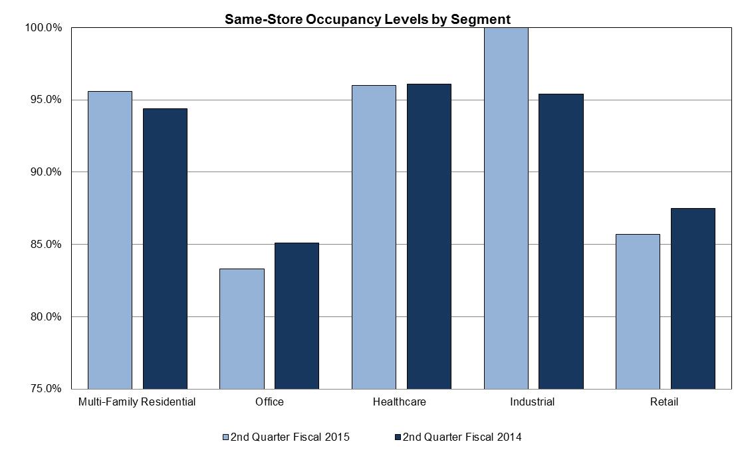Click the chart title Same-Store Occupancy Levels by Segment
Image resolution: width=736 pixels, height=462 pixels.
368,19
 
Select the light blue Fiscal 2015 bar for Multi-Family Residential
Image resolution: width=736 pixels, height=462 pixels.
110,239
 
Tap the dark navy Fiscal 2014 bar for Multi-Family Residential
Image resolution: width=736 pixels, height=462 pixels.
165,248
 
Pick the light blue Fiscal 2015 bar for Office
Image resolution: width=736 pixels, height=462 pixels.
241,328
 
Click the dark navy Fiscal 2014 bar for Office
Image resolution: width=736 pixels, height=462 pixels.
297,315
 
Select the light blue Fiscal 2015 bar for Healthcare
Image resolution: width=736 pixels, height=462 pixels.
374,237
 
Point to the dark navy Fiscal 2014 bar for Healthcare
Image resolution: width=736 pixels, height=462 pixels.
429,236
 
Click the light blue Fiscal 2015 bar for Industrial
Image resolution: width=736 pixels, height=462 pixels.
506,208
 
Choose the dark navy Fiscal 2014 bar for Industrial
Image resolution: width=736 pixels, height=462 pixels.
560,241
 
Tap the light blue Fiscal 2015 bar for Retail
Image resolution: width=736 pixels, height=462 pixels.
638,311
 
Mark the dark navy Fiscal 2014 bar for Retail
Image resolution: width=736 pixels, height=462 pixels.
693,298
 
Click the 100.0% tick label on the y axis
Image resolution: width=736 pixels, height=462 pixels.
44,28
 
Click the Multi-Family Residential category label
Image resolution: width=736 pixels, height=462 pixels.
137,402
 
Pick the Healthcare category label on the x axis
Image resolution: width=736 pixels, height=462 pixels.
399,402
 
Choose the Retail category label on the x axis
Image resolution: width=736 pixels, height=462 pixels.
665,402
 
